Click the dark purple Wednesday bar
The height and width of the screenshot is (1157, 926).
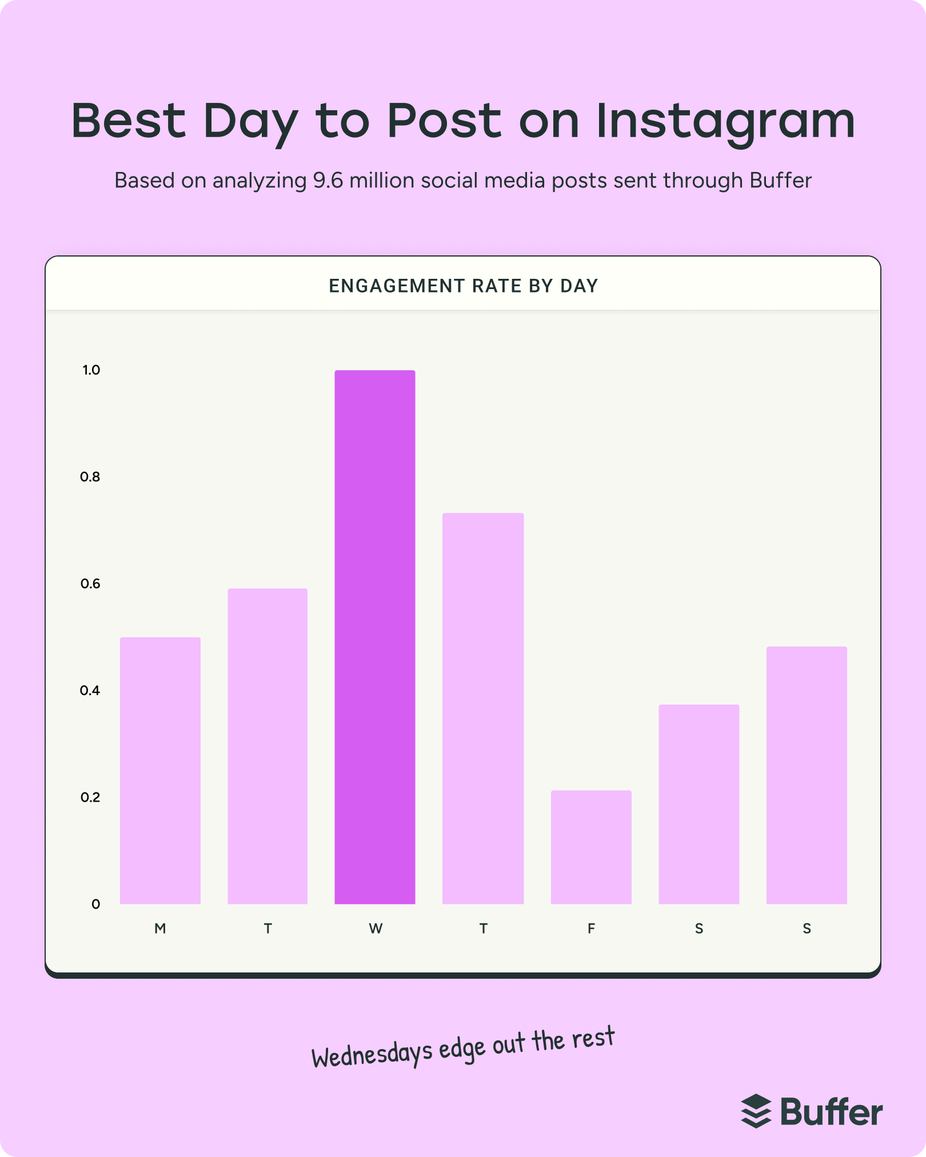coord(375,637)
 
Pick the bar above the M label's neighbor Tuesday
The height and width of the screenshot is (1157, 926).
coord(268,746)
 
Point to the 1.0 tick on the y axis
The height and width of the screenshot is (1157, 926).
coord(91,370)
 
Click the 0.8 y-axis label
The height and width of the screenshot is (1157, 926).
coord(90,477)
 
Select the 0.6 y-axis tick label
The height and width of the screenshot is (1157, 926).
coord(90,584)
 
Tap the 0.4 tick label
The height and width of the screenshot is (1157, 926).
coord(90,691)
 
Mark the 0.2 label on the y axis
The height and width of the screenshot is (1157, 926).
coord(90,798)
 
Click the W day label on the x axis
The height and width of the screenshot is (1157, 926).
coord(376,929)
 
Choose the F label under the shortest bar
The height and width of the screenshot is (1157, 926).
coord(591,929)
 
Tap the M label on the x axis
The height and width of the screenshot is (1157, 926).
coord(160,929)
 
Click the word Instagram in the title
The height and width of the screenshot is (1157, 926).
coord(725,122)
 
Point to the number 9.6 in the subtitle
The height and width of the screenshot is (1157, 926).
coord(328,181)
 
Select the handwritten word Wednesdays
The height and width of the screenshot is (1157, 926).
coord(372,1054)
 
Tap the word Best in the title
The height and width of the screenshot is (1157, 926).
coord(129,121)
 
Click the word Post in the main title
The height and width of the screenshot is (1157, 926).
coord(444,121)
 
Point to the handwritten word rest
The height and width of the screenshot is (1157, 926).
coord(593,1038)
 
